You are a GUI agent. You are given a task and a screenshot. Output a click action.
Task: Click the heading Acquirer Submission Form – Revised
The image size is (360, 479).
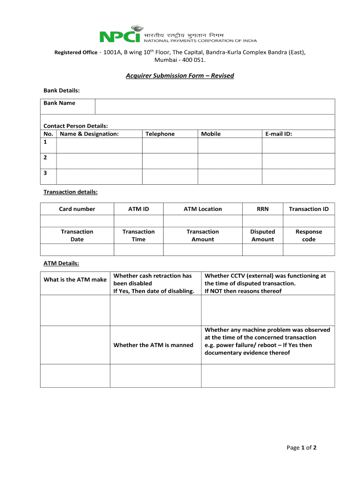(180, 76)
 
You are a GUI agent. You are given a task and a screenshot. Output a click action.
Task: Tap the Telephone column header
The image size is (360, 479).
(160, 134)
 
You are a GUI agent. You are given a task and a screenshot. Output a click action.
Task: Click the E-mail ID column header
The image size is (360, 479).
(279, 134)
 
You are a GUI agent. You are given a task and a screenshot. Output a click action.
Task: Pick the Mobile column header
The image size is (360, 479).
(211, 134)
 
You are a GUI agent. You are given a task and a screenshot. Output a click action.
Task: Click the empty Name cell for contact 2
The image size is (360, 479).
(99, 161)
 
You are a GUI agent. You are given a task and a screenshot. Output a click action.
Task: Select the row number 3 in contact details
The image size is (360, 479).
(45, 173)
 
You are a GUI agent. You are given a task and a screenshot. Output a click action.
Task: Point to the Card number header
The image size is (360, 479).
(77, 209)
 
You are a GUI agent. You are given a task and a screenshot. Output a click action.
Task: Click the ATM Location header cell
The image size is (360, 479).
(202, 209)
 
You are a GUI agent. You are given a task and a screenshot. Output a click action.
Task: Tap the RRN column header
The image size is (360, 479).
(263, 209)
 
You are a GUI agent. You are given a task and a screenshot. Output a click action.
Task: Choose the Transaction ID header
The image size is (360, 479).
(309, 209)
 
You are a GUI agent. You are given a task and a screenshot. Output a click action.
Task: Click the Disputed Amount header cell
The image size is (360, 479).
(263, 235)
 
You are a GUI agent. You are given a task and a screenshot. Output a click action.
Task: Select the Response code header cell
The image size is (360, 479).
(309, 235)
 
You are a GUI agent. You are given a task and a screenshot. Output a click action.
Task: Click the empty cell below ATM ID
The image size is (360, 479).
(138, 221)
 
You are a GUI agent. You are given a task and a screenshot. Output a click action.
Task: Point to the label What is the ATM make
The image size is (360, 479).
(75, 280)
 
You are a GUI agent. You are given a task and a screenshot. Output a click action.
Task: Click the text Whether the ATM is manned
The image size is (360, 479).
(153, 345)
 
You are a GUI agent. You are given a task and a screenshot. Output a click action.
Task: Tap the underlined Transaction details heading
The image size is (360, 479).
(71, 192)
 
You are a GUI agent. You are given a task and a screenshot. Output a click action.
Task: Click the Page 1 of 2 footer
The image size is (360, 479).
(302, 448)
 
